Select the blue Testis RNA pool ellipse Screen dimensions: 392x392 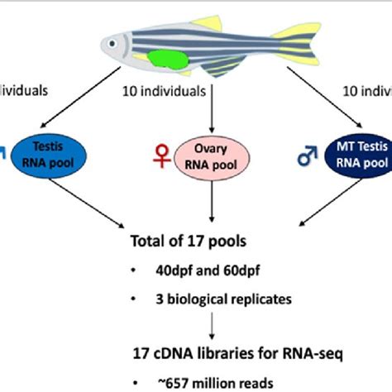click(x=57, y=154)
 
